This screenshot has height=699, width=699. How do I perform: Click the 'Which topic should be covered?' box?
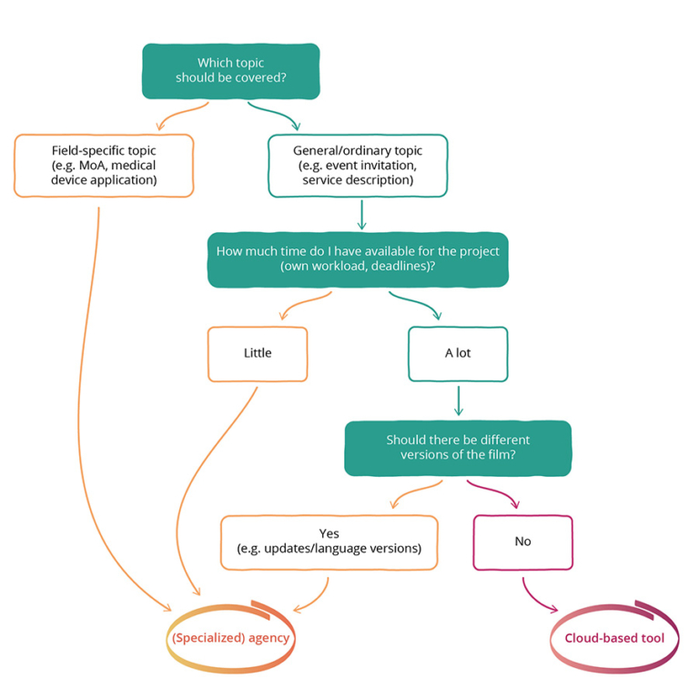pyautogui.click(x=230, y=70)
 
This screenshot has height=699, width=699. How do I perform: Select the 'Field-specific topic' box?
pyautogui.click(x=104, y=165)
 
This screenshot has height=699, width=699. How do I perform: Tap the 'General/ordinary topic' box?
pyautogui.click(x=358, y=165)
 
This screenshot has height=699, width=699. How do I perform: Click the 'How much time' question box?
pyautogui.click(x=358, y=259)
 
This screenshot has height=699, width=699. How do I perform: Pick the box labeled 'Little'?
pyautogui.click(x=258, y=353)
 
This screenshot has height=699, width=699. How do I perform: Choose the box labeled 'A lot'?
pyautogui.click(x=458, y=353)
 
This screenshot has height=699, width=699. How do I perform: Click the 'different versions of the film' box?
pyautogui.click(x=458, y=448)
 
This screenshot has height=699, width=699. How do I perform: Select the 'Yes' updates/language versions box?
pyautogui.click(x=329, y=542)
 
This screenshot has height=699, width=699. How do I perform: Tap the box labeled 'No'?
pyautogui.click(x=522, y=542)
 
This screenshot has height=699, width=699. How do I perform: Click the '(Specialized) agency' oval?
pyautogui.click(x=231, y=637)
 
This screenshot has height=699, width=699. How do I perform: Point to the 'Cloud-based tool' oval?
pyautogui.click(x=614, y=637)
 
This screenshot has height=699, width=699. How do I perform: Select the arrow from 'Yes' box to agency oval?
pyautogui.click(x=311, y=596)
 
